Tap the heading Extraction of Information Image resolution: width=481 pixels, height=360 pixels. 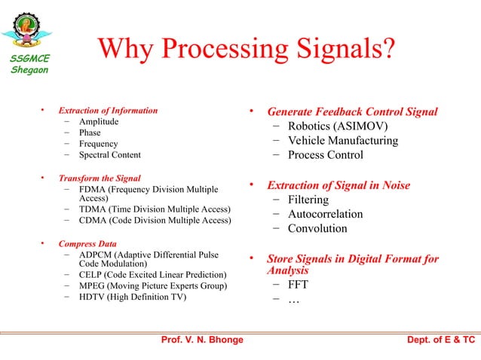click(x=109, y=111)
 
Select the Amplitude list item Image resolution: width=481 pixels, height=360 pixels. click(x=99, y=122)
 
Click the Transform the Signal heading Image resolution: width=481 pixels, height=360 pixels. click(x=100, y=178)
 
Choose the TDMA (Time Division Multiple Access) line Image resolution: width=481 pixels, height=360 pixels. click(x=155, y=209)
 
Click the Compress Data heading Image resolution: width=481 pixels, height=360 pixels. click(x=87, y=244)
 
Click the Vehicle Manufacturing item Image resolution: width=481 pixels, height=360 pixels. click(x=343, y=141)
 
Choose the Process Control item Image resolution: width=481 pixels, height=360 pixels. click(x=325, y=155)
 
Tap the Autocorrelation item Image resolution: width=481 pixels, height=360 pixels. click(x=325, y=214)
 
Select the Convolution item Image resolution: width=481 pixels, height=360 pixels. click(x=317, y=228)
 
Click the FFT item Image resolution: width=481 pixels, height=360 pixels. click(x=298, y=285)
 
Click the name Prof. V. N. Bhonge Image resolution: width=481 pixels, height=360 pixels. click(x=202, y=340)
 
